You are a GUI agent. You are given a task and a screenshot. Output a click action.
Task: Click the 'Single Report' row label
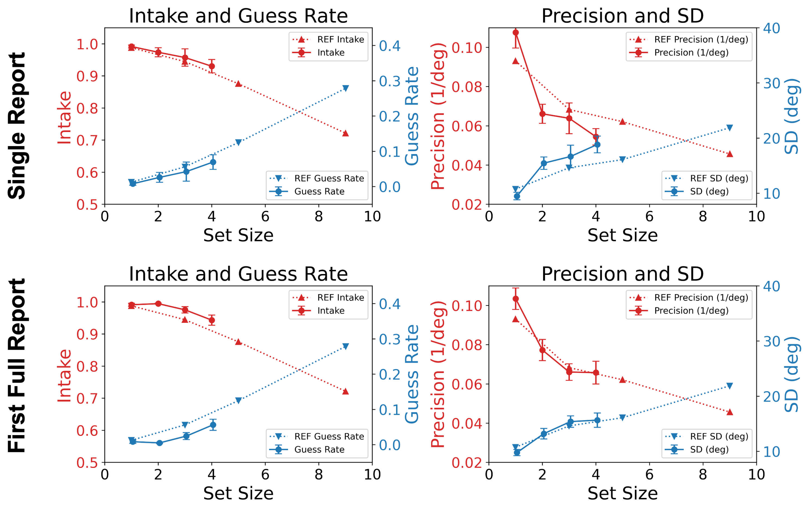17,126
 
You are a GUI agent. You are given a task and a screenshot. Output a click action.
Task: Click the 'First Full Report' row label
17,365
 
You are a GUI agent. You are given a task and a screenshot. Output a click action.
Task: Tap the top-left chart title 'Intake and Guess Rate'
238,16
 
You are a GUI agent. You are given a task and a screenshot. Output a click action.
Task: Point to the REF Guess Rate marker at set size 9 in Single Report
345,88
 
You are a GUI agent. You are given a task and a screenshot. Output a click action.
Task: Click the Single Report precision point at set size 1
516,33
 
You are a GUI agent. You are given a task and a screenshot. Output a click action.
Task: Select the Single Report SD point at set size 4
597,145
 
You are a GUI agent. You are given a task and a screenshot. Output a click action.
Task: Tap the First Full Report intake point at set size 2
158,304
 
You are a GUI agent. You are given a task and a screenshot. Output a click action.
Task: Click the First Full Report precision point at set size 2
542,350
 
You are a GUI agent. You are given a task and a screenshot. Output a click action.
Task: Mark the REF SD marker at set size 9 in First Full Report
730,386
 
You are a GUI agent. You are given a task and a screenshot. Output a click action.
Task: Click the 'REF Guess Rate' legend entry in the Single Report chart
329,178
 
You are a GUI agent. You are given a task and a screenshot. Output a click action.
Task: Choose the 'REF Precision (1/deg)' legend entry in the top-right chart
701,39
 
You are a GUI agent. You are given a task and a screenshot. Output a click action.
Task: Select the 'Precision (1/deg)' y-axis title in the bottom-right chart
438,374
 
